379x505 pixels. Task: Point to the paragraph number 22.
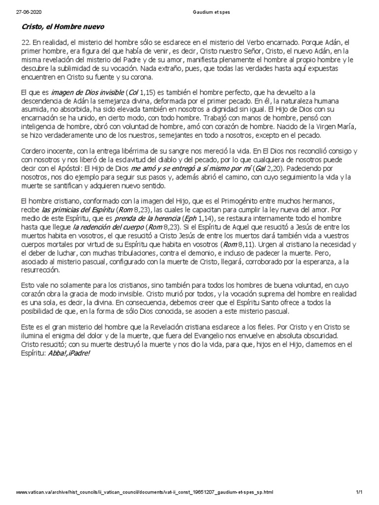click(x=25, y=43)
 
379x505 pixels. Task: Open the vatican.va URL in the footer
click(x=144, y=492)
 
